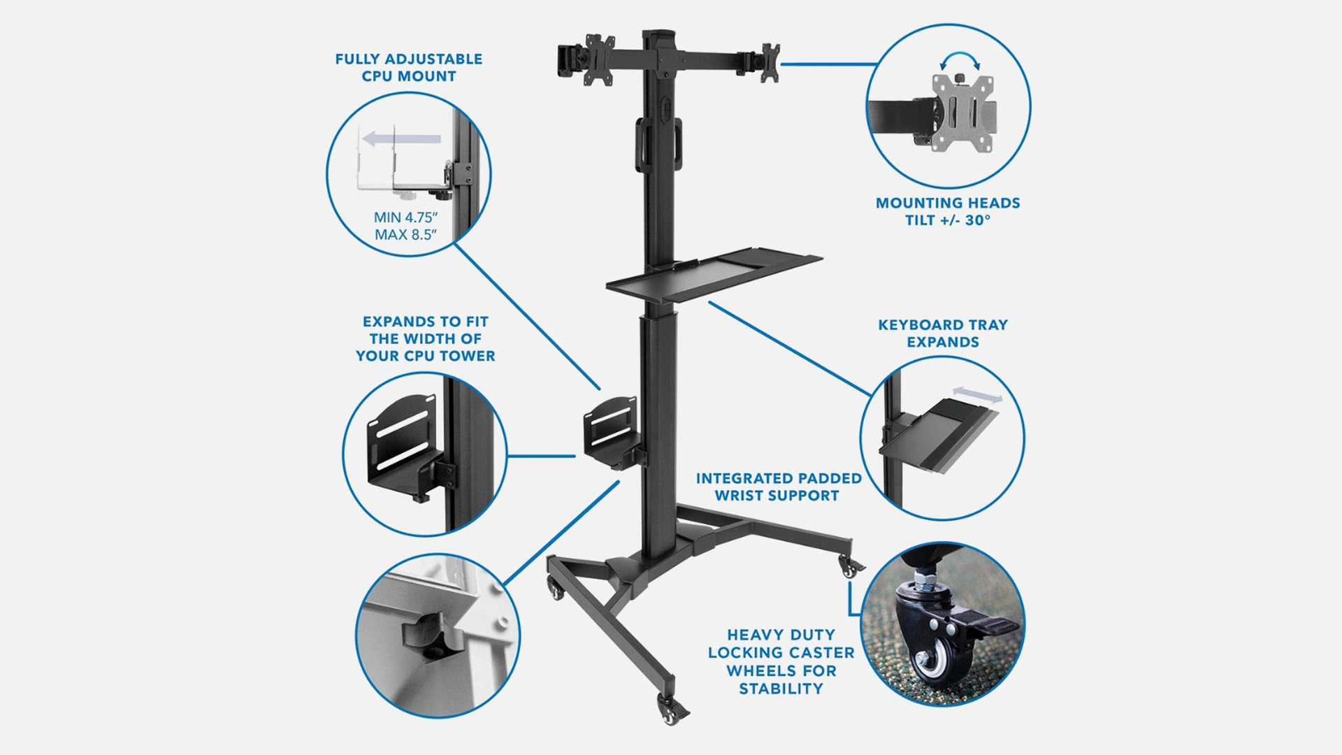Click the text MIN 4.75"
click(x=405, y=217)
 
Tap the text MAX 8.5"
click(x=405, y=235)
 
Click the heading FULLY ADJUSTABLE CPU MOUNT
click(x=409, y=68)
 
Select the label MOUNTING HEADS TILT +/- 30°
click(x=948, y=211)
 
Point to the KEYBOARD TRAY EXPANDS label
click(x=943, y=333)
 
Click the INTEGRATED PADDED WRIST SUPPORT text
click(x=778, y=487)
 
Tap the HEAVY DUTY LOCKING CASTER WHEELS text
click(x=781, y=661)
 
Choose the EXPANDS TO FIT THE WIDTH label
click(x=425, y=339)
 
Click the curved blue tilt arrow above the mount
click(x=960, y=59)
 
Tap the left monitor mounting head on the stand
click(x=598, y=60)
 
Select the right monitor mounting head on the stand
click(x=770, y=62)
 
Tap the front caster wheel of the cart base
click(x=670, y=713)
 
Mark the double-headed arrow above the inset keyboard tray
click(x=977, y=394)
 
